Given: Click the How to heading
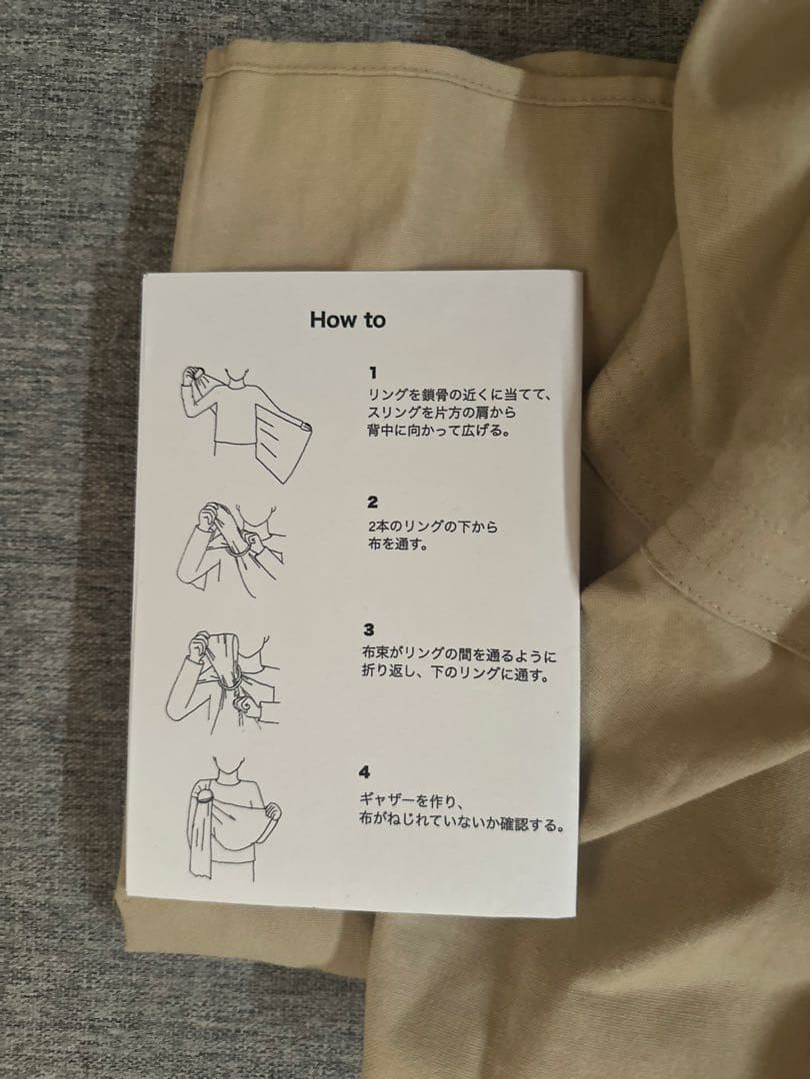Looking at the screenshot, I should point(347,320).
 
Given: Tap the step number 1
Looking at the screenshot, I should point(372,373).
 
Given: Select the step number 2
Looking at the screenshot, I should point(372,502).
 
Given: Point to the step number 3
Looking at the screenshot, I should point(369,629).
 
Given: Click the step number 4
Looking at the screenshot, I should point(364,772).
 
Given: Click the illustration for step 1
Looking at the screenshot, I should point(245,420).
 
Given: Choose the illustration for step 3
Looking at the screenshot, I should point(225,680).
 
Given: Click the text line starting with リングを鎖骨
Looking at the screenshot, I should point(459,395).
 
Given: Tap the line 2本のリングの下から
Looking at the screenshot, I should point(432,526).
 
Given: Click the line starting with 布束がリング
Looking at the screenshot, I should point(459,656).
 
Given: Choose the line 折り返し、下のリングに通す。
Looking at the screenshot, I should point(455,675).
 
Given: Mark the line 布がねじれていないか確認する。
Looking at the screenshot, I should point(462,825).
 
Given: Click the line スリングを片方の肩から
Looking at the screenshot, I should point(445,413).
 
